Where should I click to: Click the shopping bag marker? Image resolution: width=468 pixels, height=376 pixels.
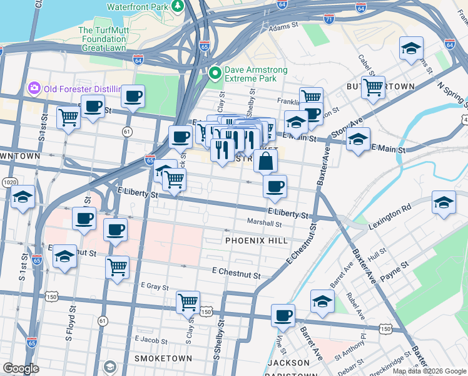[x=266, y=161]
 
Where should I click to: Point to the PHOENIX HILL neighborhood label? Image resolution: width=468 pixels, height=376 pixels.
[x=256, y=241]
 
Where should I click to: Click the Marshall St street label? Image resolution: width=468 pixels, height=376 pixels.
[x=265, y=222]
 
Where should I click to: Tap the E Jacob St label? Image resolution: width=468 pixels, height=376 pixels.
[x=151, y=339]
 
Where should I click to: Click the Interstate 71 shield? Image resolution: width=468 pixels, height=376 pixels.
[x=329, y=20]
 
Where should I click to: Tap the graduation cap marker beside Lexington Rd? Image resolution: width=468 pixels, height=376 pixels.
[x=444, y=203]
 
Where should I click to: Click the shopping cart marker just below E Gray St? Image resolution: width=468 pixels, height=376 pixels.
[x=188, y=302]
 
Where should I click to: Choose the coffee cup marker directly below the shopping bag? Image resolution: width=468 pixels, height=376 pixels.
[x=275, y=185]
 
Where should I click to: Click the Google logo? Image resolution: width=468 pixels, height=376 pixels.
[x=21, y=368]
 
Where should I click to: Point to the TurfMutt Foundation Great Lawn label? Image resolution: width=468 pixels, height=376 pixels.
[x=102, y=38]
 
